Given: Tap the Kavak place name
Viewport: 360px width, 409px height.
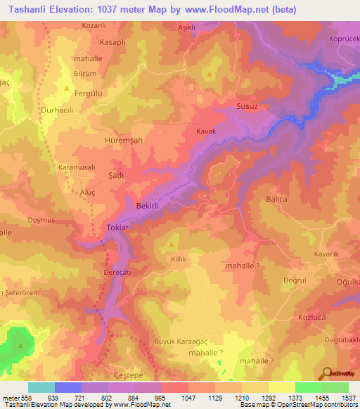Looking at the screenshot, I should [205, 131].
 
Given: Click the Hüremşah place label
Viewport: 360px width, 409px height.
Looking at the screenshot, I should [123, 141].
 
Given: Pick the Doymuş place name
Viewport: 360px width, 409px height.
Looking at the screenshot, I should [41, 221].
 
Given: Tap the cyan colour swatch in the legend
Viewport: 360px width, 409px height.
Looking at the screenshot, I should [41, 387].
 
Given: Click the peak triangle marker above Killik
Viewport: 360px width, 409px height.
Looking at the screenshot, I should [172, 245].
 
